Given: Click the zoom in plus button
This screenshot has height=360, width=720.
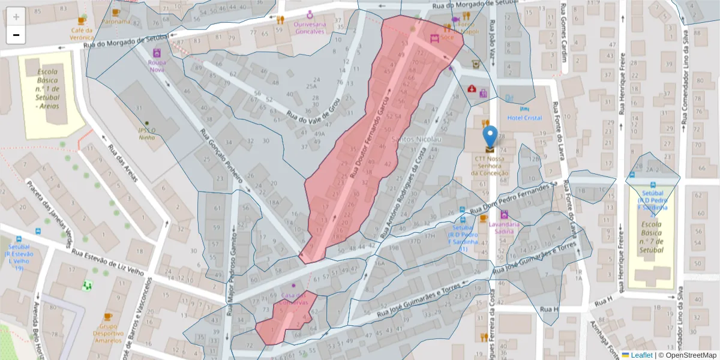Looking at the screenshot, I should click(x=16, y=17).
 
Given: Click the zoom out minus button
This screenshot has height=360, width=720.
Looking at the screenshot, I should click(x=16, y=35).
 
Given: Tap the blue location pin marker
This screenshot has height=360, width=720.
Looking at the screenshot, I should click(x=490, y=137).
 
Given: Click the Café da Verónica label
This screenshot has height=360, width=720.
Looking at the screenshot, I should click(x=82, y=34).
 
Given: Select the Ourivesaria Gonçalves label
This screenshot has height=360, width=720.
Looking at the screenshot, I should click(x=309, y=28).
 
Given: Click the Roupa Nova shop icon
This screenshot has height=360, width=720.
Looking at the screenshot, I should click(x=157, y=53).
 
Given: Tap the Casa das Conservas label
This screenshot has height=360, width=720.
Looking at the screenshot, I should click(x=293, y=299).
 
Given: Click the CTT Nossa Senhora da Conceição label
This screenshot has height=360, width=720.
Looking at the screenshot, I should click(x=491, y=166).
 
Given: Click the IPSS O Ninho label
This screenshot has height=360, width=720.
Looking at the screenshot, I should click(x=147, y=133).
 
